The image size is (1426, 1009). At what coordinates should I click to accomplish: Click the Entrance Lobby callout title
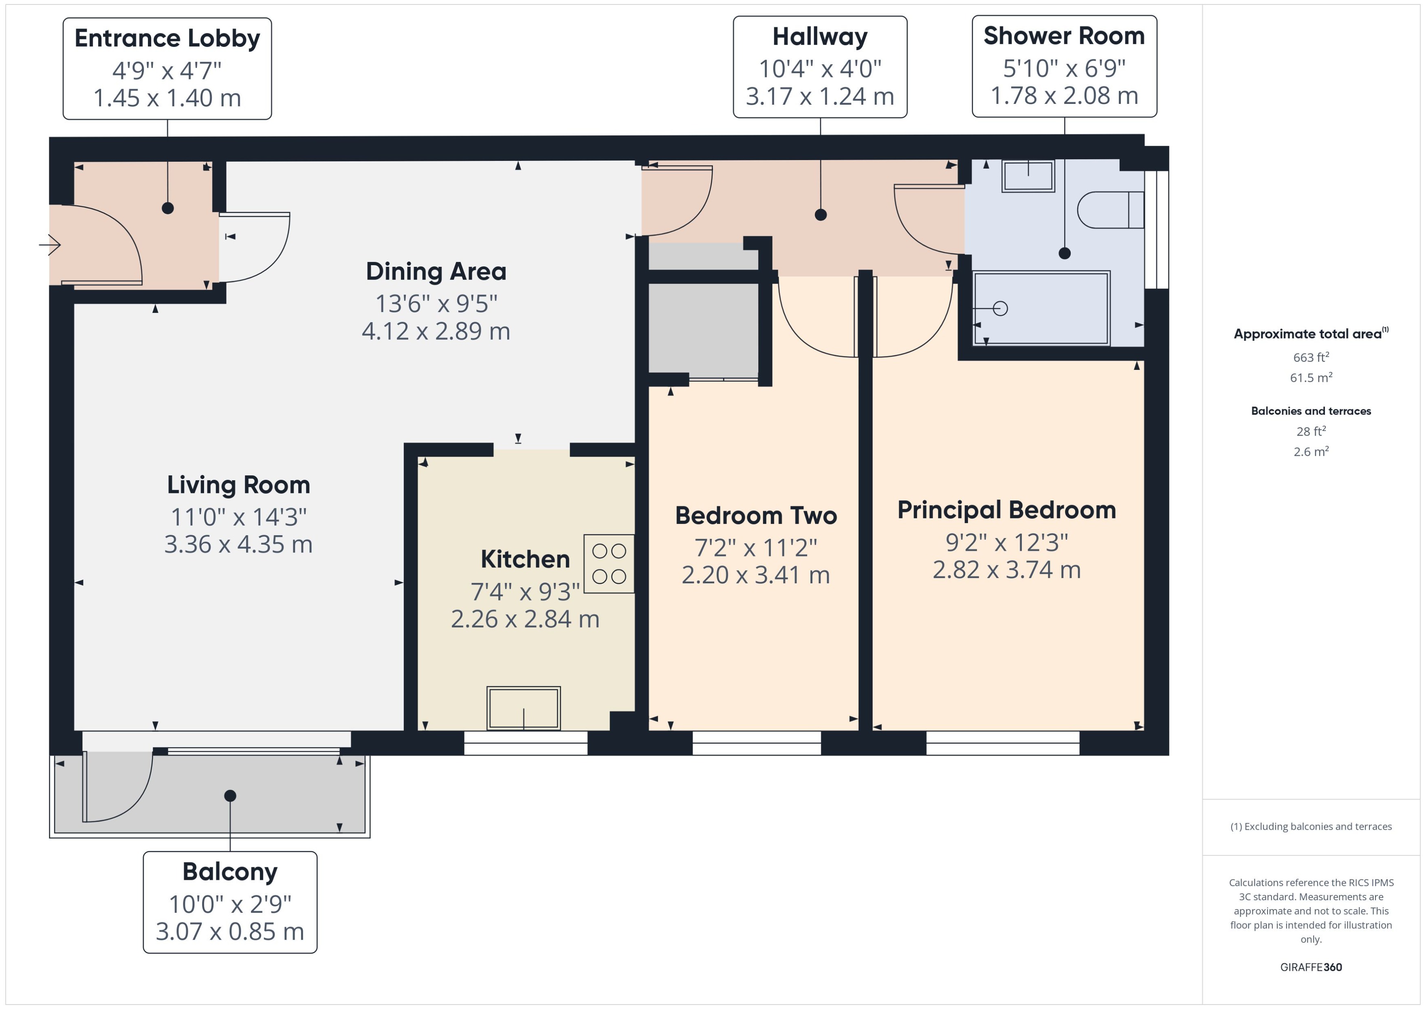coord(167,39)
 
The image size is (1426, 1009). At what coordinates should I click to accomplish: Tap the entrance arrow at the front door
coord(50,245)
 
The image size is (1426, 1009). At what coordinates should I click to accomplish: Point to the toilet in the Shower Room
coord(1110,210)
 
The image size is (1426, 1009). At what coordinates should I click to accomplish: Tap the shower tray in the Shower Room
coord(1041,308)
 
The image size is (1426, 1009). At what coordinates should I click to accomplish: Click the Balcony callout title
coord(230,872)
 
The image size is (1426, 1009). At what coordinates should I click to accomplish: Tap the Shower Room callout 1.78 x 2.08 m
coord(1064,96)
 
